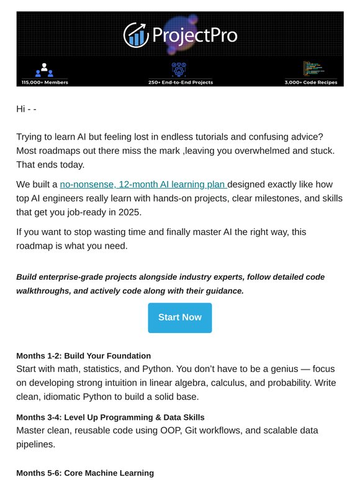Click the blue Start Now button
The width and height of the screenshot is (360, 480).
tap(179, 318)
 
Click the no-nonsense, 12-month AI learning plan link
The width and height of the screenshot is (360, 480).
tap(143, 184)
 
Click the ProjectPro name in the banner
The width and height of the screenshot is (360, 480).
tap(192, 35)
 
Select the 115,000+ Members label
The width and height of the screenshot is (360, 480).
tap(45, 82)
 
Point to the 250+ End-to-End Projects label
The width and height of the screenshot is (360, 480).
tap(180, 82)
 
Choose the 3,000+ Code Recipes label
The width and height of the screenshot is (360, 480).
tap(310, 82)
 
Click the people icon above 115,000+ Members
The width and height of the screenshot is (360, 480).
tap(45, 69)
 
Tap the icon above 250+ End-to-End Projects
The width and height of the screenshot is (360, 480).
tap(179, 68)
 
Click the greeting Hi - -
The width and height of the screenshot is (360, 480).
tap(26, 109)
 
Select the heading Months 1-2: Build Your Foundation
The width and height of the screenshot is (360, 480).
tap(83, 356)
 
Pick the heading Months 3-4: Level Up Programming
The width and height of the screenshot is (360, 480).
tap(110, 417)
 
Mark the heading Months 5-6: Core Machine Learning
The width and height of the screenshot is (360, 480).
tap(84, 473)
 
